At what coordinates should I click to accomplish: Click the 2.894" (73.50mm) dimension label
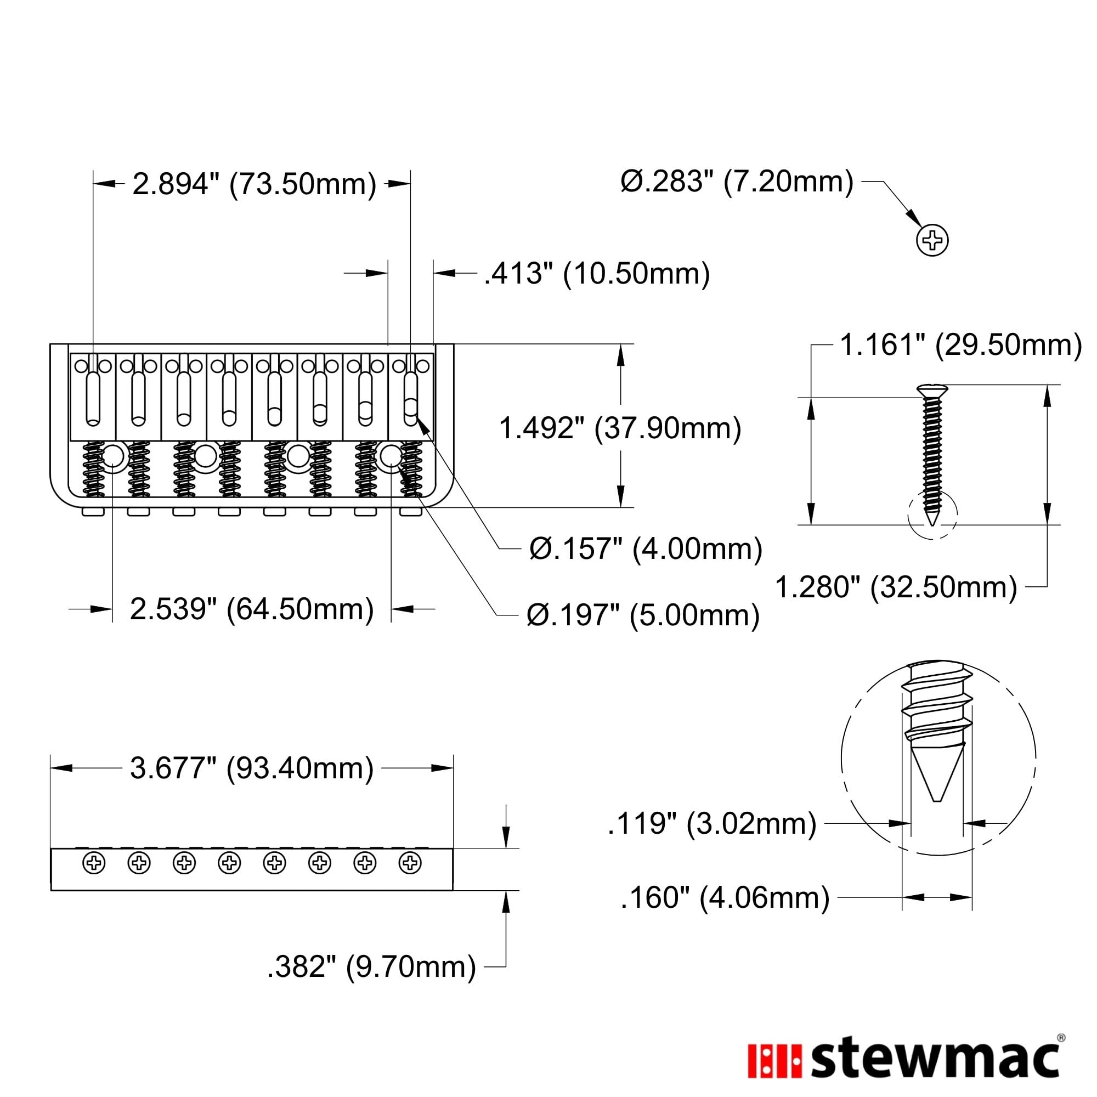[255, 184]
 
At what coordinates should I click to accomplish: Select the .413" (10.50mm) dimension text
[597, 274]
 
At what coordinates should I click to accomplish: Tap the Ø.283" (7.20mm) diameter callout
[737, 182]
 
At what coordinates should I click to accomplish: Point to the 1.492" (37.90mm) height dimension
[620, 428]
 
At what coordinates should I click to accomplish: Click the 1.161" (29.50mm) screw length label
[961, 345]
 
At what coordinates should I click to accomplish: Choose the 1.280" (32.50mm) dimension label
[896, 587]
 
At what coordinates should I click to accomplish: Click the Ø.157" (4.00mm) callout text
[646, 549]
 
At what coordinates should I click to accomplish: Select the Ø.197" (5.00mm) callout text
[643, 615]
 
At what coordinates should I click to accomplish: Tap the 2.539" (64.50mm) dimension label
[252, 609]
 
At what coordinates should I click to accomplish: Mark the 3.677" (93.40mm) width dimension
[252, 768]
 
